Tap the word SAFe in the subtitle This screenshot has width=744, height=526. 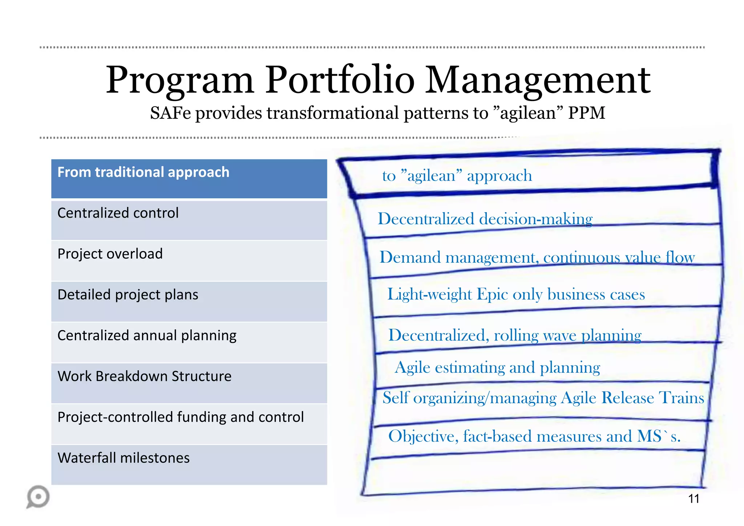point(170,113)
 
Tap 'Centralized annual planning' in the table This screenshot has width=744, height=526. point(147,336)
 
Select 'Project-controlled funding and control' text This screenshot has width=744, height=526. point(181,417)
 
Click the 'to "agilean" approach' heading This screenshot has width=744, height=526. point(457,176)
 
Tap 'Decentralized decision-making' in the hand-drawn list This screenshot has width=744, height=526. point(485,219)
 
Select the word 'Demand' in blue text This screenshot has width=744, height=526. point(410,258)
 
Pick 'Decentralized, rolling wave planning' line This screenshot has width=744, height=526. point(515,335)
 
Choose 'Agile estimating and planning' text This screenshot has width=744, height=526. point(497,368)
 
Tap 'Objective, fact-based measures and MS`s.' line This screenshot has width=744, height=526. point(534,436)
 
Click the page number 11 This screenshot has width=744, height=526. point(694,499)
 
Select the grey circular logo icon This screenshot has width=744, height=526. point(38,497)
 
